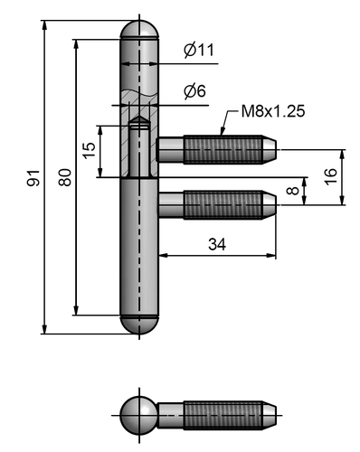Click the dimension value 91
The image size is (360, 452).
coord(34,178)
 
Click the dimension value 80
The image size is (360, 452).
coord(65,178)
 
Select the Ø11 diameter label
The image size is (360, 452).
coord(198,51)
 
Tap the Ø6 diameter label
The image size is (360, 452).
coord(194,90)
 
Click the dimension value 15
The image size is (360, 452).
coord(88,150)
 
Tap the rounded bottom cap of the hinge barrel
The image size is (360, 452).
coord(139,325)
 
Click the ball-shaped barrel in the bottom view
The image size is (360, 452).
coord(139,417)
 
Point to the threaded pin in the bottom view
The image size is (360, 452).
coord(222,417)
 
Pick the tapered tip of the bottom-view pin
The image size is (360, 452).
coord(269,417)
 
